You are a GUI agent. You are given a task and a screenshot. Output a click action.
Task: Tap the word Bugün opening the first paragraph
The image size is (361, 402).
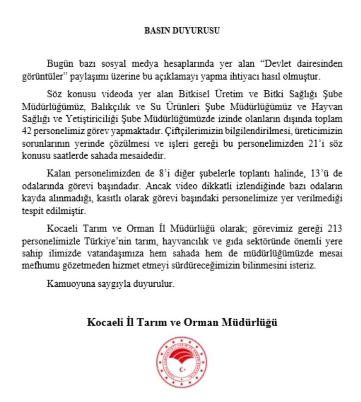pyautogui.click(x=58, y=64)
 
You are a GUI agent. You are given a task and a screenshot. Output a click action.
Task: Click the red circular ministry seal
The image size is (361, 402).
pyautogui.click(x=181, y=362)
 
